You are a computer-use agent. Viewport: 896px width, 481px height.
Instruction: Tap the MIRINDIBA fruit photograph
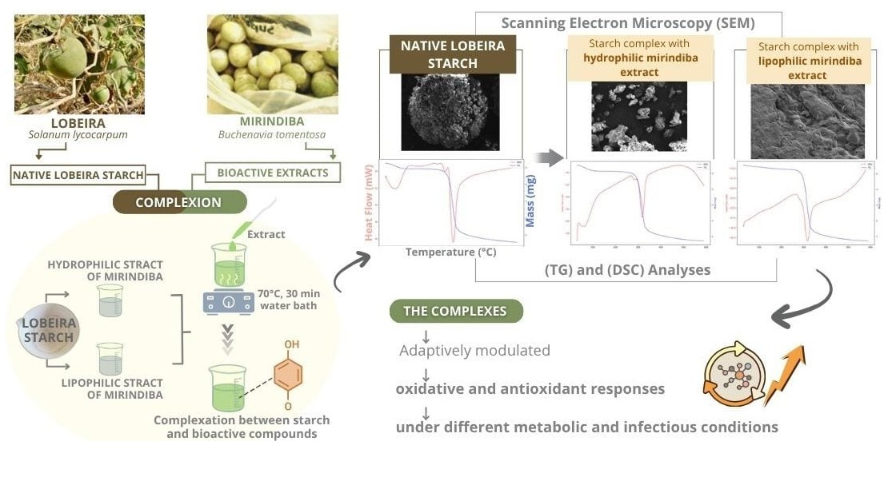(272, 64)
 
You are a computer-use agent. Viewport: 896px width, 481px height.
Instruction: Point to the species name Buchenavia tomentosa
(272, 135)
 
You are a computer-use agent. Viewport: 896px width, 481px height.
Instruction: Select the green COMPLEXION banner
(179, 202)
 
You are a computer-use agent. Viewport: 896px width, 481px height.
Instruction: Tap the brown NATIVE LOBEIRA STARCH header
(448, 54)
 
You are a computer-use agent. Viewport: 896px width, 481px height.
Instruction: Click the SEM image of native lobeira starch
(450, 113)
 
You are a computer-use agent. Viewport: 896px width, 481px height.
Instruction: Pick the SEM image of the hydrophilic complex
(638, 117)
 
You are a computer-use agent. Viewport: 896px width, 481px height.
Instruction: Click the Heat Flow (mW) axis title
(369, 203)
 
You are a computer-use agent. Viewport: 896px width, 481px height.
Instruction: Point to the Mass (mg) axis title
(531, 201)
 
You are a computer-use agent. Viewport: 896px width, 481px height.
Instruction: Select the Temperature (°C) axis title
(451, 252)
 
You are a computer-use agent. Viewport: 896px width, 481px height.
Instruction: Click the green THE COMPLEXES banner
(455, 311)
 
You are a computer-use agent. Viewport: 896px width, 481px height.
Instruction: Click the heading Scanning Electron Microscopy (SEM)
(627, 22)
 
